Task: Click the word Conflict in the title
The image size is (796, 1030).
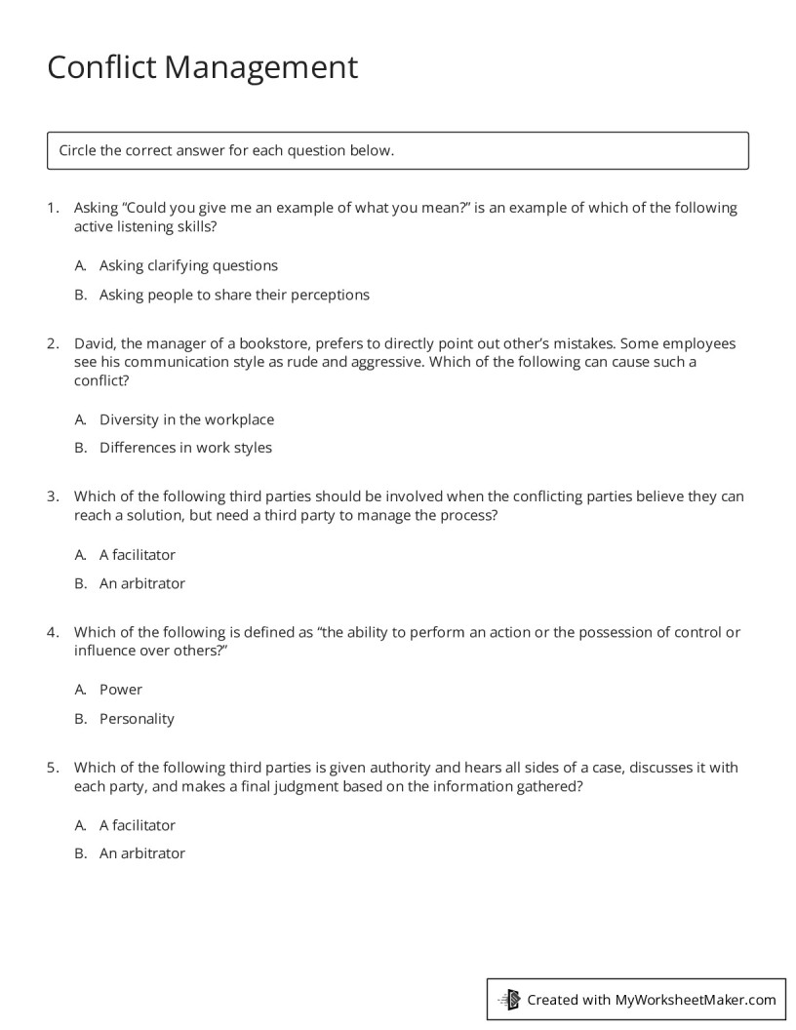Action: (101, 67)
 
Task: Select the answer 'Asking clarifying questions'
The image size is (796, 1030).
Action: (188, 265)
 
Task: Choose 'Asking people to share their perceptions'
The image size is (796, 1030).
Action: (234, 295)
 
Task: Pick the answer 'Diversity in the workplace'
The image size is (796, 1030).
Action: (186, 419)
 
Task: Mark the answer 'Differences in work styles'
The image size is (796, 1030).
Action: (185, 448)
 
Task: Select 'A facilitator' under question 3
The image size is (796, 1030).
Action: (138, 555)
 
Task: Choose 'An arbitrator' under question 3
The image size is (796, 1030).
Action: (141, 583)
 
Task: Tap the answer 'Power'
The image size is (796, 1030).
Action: (121, 690)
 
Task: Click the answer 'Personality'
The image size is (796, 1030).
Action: (137, 719)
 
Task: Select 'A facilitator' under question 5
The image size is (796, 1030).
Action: (138, 825)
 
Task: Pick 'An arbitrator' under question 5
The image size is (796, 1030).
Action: (141, 853)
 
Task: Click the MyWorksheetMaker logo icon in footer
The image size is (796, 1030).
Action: (509, 999)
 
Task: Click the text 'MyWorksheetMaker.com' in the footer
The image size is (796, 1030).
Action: (696, 999)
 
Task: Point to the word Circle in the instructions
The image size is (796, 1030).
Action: (78, 150)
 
